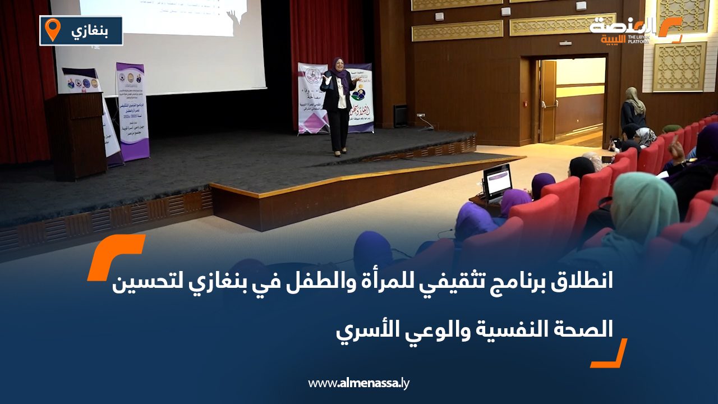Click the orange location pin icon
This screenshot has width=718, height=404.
click(52, 29)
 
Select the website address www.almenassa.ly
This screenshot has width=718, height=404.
click(359, 383)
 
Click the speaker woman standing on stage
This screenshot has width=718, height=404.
click(338, 107)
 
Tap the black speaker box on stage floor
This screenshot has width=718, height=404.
click(401, 116)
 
